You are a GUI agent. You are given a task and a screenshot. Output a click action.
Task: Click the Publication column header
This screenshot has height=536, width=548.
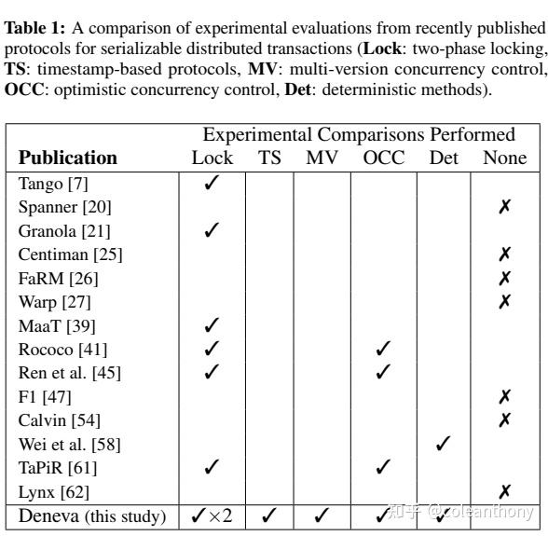click(x=68, y=158)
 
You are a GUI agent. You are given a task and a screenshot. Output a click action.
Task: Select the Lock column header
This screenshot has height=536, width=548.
click(x=212, y=158)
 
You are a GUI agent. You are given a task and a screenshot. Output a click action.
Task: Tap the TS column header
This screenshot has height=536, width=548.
click(x=268, y=158)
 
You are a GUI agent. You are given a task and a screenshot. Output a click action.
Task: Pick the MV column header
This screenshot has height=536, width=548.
click(x=322, y=158)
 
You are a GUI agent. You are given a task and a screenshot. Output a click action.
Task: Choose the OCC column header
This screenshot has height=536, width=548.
click(x=384, y=158)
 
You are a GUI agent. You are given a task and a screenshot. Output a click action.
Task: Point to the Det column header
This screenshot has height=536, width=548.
click(x=444, y=158)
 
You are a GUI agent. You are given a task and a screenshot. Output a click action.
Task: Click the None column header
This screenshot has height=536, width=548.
click(x=504, y=158)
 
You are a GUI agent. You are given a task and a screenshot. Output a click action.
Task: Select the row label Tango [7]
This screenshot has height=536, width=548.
click(x=53, y=184)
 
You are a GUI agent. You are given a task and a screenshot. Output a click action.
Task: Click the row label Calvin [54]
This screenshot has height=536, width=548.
click(x=60, y=419)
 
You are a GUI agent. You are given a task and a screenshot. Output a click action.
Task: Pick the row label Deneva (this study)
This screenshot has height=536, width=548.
click(x=91, y=515)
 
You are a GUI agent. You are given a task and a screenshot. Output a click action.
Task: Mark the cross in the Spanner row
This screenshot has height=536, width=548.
click(x=504, y=207)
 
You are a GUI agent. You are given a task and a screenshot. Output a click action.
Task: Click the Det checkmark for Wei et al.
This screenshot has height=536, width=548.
click(x=444, y=444)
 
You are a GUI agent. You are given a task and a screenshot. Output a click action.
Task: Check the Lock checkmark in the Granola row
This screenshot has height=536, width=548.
click(x=212, y=230)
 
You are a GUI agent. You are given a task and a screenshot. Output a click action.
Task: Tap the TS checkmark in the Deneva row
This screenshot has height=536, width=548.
click(x=268, y=514)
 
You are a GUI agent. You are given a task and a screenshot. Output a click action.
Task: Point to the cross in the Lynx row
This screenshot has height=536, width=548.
click(x=504, y=491)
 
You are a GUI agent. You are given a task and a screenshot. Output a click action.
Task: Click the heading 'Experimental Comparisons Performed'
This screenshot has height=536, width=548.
click(x=359, y=134)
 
